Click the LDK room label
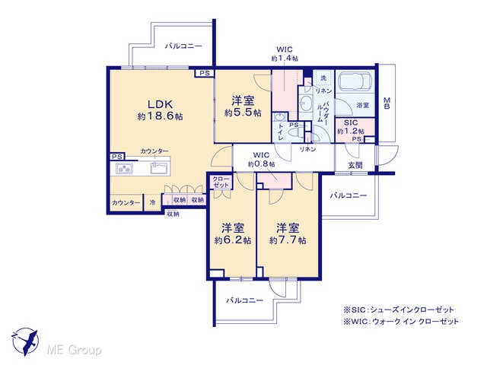click(160, 103)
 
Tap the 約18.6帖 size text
click(161, 116)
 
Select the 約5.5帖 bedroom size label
click(243, 113)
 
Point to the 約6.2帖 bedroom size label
click(233, 240)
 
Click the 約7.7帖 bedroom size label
click(288, 240)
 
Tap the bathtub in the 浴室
click(355, 81)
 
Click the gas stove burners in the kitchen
click(125, 169)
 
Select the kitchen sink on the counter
click(159, 168)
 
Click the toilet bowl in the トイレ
click(295, 132)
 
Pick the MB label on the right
click(387, 103)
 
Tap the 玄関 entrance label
click(355, 165)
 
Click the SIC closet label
click(351, 122)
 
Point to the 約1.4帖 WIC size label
click(285, 59)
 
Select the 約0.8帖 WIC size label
click(261, 163)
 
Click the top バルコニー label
click(183, 46)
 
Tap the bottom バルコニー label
click(245, 300)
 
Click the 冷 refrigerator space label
click(152, 202)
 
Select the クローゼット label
click(221, 182)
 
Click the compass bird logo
click(25, 341)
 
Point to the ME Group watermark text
click(74, 350)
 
